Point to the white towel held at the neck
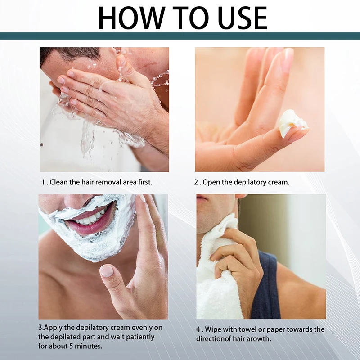tap(218, 269)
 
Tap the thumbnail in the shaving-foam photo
tap(107, 271)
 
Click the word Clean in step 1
tap(59, 182)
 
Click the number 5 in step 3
tap(71, 346)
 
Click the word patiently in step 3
tap(140, 337)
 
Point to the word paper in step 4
tap(275, 330)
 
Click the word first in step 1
tap(145, 182)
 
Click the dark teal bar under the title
tap(180, 36)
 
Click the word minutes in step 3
tap(88, 346)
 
